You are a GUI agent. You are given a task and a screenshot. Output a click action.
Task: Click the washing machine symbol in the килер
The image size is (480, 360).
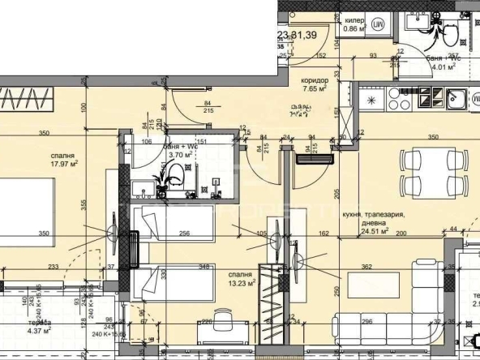tap(378, 26)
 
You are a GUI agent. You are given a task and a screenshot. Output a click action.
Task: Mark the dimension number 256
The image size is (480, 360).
tap(185, 235)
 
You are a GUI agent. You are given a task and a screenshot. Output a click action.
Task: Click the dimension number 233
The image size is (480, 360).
tap(54, 266)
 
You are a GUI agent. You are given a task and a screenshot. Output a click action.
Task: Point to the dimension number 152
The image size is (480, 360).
tap(321, 56)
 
